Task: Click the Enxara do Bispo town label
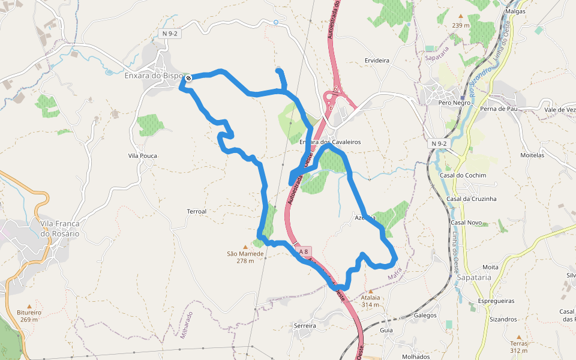pyautogui.click(x=153, y=76)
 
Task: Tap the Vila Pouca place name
pyautogui.click(x=142, y=156)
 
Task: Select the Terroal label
pyautogui.click(x=197, y=212)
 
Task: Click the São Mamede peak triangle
pyautogui.click(x=245, y=247)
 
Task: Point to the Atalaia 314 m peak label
pyautogui.click(x=371, y=301)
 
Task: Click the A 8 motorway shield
pyautogui.click(x=304, y=251)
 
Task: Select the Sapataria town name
pyautogui.click(x=474, y=278)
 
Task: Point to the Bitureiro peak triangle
pyautogui.click(x=29, y=306)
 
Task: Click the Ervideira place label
pyautogui.click(x=377, y=61)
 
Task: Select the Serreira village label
pyautogui.click(x=305, y=325)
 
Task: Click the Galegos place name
pyautogui.click(x=425, y=315)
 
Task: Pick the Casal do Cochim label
pyautogui.click(x=463, y=175)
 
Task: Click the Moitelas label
pyautogui.click(x=532, y=155)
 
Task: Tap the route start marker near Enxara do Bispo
pyautogui.click(x=188, y=78)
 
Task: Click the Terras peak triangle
pyautogui.click(x=519, y=337)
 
